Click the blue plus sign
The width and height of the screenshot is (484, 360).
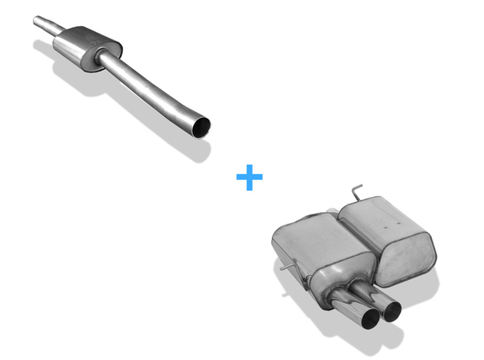click(x=249, y=177)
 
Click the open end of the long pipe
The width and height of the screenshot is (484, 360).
click(x=201, y=127)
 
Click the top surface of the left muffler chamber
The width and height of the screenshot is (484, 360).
click(x=311, y=227)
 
